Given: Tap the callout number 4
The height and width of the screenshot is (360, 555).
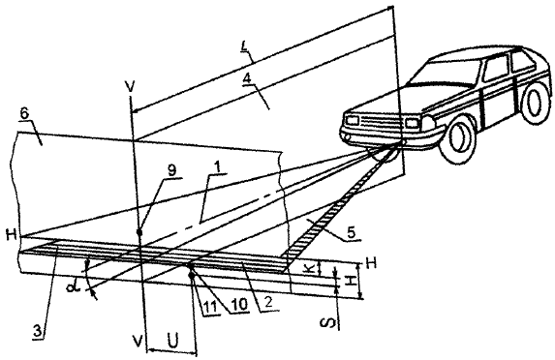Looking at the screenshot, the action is [x=247, y=79].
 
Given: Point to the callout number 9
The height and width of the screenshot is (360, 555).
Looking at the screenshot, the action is [x=171, y=170].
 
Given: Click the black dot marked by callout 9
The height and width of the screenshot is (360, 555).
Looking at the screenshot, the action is [x=139, y=232].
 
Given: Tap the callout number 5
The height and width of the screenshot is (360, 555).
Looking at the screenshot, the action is [x=351, y=232].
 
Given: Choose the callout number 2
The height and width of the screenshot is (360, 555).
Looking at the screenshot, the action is [x=268, y=303].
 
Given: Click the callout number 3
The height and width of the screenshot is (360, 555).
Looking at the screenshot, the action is [x=38, y=331].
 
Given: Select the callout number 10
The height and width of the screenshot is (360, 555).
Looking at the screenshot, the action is [x=238, y=305].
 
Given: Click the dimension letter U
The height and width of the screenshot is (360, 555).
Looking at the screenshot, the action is [x=172, y=342].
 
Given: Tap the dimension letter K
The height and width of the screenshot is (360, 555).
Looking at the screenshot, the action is [x=310, y=268].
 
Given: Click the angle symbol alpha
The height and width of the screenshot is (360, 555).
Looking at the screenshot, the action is [x=73, y=286].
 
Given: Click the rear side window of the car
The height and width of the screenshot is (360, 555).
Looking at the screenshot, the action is [x=522, y=62].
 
